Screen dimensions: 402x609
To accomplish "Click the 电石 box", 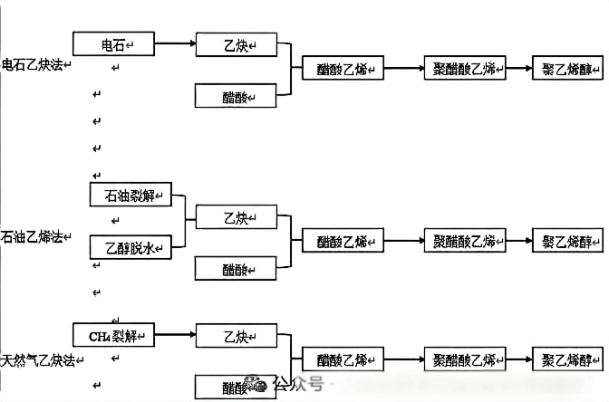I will point(113,43).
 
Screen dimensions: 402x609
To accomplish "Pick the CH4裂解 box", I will point(113,337).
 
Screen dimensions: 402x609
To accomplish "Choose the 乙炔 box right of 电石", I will point(236,43).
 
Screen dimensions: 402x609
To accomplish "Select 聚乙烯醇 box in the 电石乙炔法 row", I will point(566,69).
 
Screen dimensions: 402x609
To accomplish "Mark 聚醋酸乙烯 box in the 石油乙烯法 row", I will point(464,242).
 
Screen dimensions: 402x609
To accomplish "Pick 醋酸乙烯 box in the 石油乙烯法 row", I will point(342,242).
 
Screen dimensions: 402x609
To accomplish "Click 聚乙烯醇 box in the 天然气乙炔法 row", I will point(566,360).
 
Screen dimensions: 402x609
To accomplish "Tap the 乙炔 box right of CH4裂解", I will point(236,337).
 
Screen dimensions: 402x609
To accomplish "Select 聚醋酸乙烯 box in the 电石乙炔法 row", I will point(464,69).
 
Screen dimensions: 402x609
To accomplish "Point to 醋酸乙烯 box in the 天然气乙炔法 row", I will point(342,360).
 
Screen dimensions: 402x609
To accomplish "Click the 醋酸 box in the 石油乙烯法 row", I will point(236,269).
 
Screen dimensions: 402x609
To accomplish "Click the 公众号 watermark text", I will point(298,384).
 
